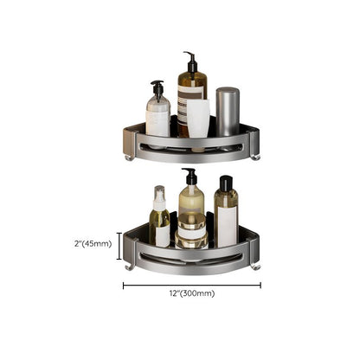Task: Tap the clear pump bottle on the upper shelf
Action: pos(157,114)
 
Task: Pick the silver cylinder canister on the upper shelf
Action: pos(228,112)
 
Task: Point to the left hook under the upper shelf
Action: pos(129,156)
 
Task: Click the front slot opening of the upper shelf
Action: pos(192,149)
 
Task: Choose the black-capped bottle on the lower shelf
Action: pos(226,215)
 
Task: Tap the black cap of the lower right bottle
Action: pos(225,183)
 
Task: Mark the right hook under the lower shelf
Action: pos(255,267)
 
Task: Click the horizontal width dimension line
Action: pos(191,284)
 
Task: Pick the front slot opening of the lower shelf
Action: pos(192,258)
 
